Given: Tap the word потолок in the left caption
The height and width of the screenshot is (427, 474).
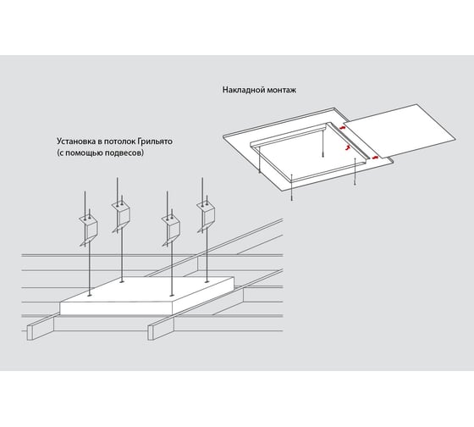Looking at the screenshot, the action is point(119,141).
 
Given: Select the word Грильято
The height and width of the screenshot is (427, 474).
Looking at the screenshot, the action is point(155,141).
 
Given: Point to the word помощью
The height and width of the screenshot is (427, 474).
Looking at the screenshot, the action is point(80,152).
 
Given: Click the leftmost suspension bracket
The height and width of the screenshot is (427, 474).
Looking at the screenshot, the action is point(89,229).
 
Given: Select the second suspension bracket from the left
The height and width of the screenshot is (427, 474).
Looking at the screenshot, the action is point(122,215).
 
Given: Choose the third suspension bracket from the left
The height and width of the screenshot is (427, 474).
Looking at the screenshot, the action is point(171,229).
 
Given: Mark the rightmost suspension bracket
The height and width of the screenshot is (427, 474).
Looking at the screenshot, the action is point(206,215).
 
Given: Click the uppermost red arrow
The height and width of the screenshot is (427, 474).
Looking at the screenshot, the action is point(342,128).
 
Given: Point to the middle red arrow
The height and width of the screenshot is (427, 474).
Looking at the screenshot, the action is point(348,147).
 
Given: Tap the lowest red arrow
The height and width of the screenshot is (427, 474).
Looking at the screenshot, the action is point(375,158).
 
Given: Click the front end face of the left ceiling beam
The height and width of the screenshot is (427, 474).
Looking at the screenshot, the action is point(30,333).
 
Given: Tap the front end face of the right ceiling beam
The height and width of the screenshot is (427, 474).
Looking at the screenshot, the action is point(151,333).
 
